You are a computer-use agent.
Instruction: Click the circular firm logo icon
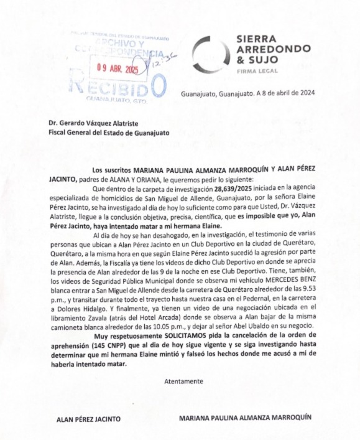click(210, 55)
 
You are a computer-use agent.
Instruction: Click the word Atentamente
click(183, 380)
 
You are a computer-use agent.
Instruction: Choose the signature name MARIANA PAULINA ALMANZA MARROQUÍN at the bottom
click(244, 418)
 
